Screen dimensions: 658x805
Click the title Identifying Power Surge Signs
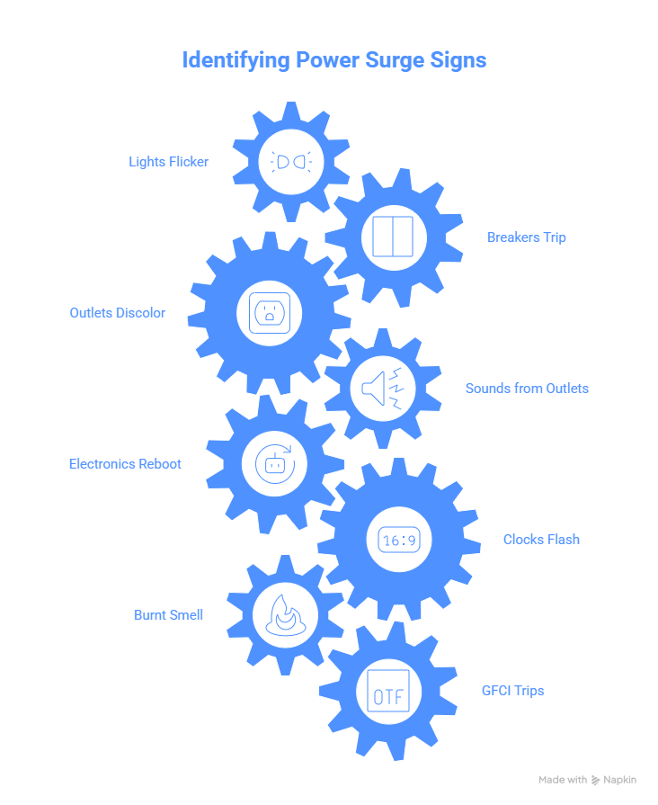tap(334, 60)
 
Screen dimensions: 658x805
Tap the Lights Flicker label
tap(168, 162)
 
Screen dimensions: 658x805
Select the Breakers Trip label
tap(526, 237)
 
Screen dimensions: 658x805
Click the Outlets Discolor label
tap(118, 313)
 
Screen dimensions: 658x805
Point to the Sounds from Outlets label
tap(527, 389)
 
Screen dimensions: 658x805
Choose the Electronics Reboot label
tap(125, 463)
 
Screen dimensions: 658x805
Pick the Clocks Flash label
tap(541, 539)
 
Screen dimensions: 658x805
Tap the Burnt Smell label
tap(168, 614)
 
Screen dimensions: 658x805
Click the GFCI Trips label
tap(512, 691)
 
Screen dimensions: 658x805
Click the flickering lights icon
tap(291, 162)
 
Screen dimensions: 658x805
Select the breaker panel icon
tap(393, 237)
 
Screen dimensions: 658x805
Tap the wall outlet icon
tap(270, 313)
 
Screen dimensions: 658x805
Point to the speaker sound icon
tap(382, 389)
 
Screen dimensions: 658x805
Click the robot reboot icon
tap(274, 463)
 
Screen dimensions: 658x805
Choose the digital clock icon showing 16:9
tap(399, 540)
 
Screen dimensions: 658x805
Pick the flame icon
tap(285, 615)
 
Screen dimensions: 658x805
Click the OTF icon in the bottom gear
tap(388, 691)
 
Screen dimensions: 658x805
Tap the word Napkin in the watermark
tap(619, 780)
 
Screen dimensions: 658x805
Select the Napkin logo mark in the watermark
tap(595, 781)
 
